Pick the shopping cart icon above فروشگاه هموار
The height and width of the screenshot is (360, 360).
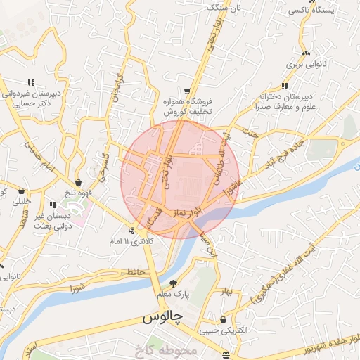click(187, 91)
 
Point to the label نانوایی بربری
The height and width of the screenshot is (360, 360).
click(306, 63)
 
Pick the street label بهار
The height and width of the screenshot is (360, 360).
click(224, 290)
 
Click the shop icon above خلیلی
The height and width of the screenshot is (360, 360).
click(22, 191)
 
